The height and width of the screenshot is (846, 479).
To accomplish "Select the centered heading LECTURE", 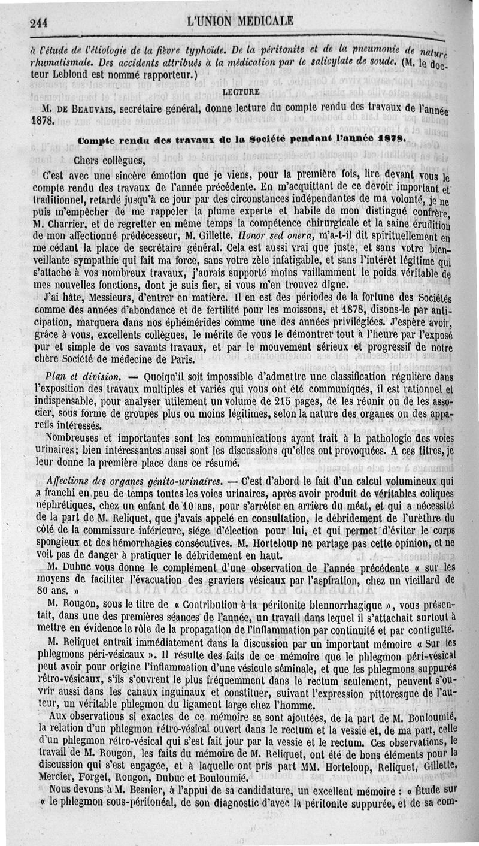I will [x=241, y=93].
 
